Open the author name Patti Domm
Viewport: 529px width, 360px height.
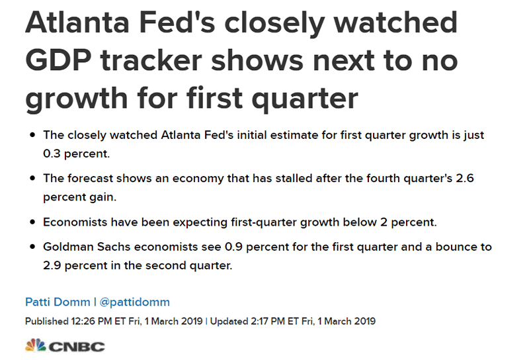pyautogui.click(x=57, y=302)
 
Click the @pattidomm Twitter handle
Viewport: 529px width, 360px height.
pyautogui.click(x=134, y=302)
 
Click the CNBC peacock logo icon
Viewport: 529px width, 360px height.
pyautogui.click(x=34, y=345)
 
